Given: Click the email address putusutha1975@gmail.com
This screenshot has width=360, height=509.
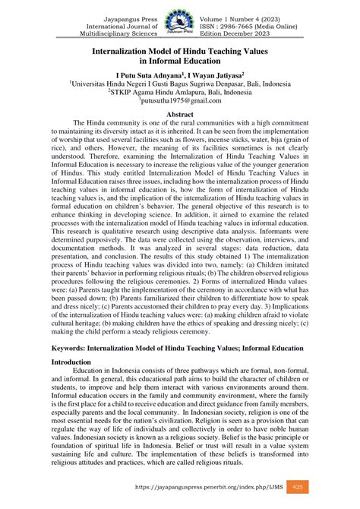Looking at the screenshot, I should pos(180,99).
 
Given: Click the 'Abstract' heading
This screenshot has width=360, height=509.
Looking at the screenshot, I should pos(180,112).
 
